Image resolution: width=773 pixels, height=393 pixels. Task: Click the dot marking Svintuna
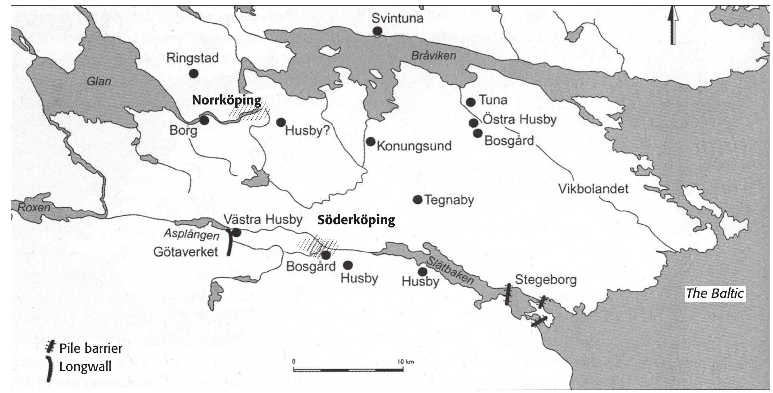pos(377,31)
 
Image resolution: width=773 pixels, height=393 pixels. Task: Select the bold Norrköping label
pos(226,100)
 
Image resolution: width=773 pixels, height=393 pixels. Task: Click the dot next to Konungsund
pos(371,141)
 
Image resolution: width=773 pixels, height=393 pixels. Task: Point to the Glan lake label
pos(99,82)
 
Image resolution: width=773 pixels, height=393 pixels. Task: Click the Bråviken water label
pos(433,55)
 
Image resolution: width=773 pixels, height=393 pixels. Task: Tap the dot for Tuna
pos(471,102)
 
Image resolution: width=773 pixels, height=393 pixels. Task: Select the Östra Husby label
pos(519,119)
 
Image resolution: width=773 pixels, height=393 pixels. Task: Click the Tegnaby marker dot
pos(418,200)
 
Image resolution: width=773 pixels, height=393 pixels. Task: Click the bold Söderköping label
pos(356,220)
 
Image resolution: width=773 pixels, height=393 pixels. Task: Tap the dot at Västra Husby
pos(237,232)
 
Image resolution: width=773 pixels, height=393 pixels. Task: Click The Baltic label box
pos(714,293)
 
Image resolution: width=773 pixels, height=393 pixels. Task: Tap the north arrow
pos(673,27)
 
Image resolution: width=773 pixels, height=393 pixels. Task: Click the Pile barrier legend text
pos(90,348)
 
